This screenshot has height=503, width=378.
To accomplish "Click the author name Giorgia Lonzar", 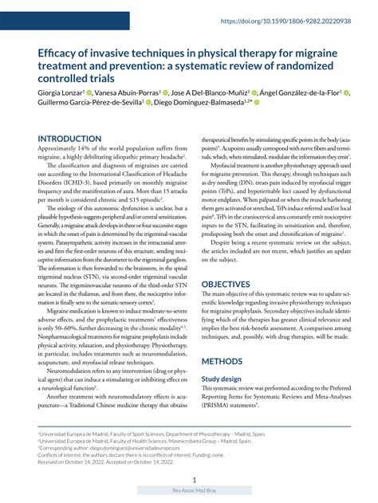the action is click(65, 92).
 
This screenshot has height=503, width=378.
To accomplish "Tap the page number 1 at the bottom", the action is click(195, 481).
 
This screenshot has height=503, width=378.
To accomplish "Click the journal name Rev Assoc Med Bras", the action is click(195, 491).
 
